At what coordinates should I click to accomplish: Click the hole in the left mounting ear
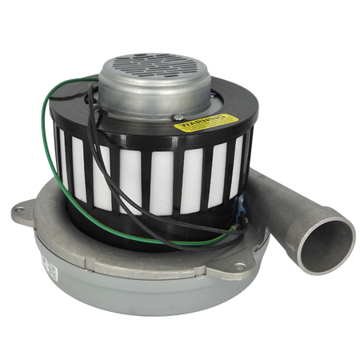click(20, 212)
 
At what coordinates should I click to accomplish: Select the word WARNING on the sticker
click(196, 124)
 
